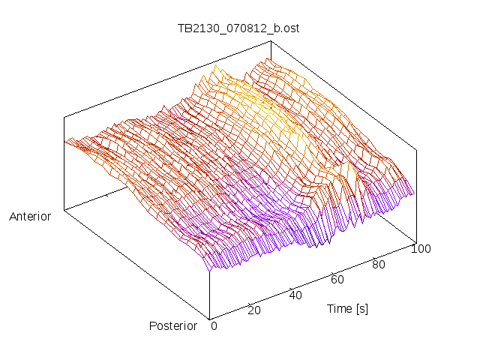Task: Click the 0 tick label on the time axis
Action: (214, 325)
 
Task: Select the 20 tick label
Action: (254, 310)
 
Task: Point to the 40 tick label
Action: (295, 295)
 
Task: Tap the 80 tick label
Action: (379, 264)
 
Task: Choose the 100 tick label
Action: (421, 249)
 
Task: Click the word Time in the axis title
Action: (339, 308)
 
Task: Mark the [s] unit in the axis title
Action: (361, 308)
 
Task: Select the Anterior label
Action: (30, 217)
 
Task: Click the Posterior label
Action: (173, 325)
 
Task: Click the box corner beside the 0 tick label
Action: (209, 318)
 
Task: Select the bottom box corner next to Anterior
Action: (64, 210)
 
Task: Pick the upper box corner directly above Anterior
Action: (64, 116)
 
